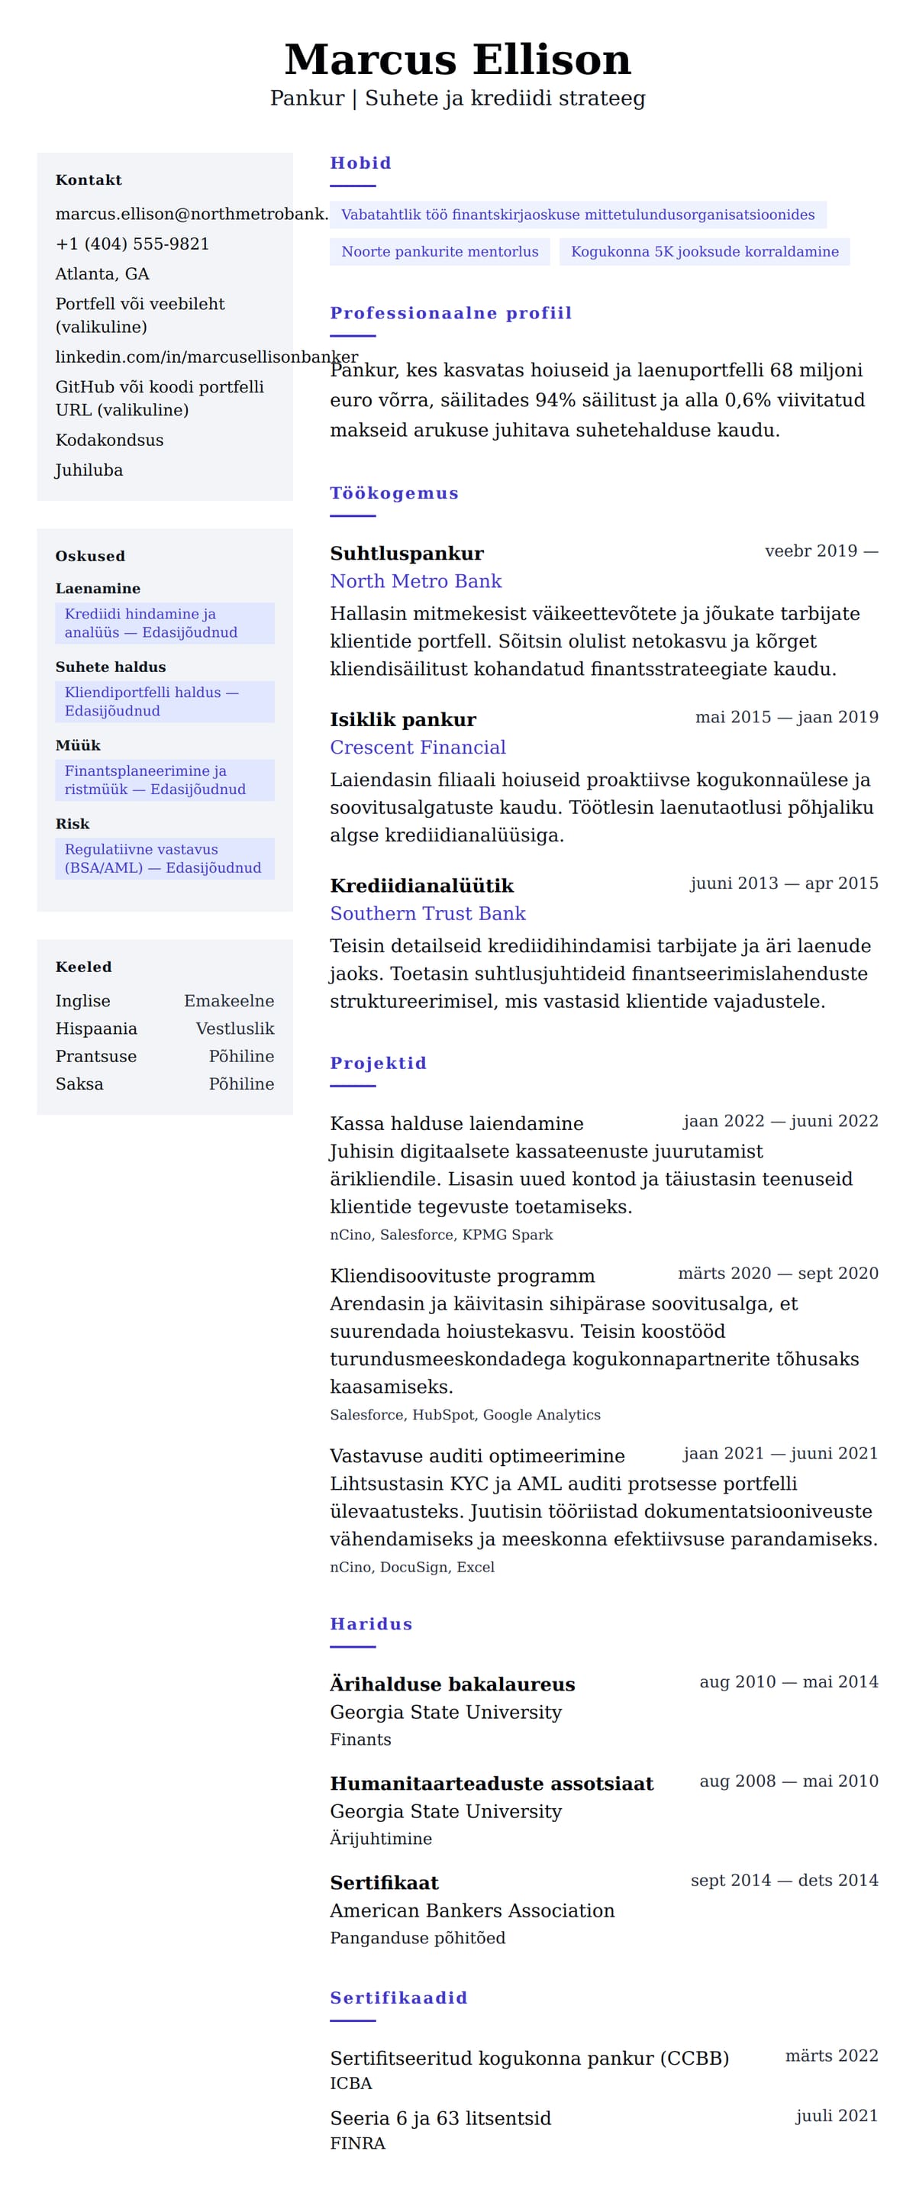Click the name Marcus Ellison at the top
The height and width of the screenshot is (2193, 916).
click(x=457, y=60)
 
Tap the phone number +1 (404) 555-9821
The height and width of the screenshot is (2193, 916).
click(x=132, y=244)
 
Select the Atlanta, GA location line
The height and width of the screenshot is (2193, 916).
click(x=102, y=273)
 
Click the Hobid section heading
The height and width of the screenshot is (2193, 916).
click(x=360, y=163)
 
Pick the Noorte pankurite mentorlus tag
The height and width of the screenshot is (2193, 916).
click(x=439, y=251)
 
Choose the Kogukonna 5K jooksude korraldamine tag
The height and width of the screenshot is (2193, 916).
click(x=704, y=251)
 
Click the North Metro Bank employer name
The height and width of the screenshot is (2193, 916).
click(x=415, y=580)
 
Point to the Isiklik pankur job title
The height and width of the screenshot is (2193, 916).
click(x=403, y=719)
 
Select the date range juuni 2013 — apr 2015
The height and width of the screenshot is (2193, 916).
click(x=783, y=883)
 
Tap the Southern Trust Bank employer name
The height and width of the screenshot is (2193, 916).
click(x=427, y=913)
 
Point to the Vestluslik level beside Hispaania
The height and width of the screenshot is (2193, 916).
click(x=235, y=1029)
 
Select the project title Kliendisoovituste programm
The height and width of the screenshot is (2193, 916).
click(x=463, y=1275)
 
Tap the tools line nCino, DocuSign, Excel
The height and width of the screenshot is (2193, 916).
click(x=412, y=1566)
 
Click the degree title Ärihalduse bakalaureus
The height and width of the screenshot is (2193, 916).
click(x=452, y=1684)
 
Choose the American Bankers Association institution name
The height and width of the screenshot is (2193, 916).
click(x=472, y=1910)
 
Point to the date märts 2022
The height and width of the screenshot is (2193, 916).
click(x=831, y=2055)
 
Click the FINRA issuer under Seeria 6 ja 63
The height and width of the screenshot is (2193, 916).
click(x=357, y=2143)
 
